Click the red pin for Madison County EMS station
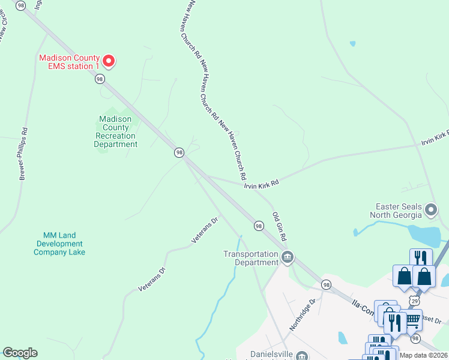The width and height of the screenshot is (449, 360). pyautogui.click(x=109, y=60)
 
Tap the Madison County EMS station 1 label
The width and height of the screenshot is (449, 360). pyautogui.click(x=70, y=62)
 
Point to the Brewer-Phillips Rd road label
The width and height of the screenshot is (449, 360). pyautogui.click(x=23, y=154)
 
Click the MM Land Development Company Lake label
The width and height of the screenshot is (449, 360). pyautogui.click(x=59, y=244)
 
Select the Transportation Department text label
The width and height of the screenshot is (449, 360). pyautogui.click(x=251, y=258)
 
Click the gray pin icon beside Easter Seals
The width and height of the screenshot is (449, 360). pyautogui.click(x=430, y=210)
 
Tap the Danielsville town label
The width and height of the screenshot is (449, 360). pyautogui.click(x=268, y=355)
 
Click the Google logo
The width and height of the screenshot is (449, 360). pyautogui.click(x=20, y=353)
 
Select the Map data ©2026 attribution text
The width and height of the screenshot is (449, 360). pyautogui.click(x=424, y=355)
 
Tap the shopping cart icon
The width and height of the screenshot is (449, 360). pyautogui.click(x=412, y=320)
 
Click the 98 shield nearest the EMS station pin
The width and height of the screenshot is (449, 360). pyautogui.click(x=100, y=79)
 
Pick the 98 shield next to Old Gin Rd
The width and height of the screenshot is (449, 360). pyautogui.click(x=259, y=226)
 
